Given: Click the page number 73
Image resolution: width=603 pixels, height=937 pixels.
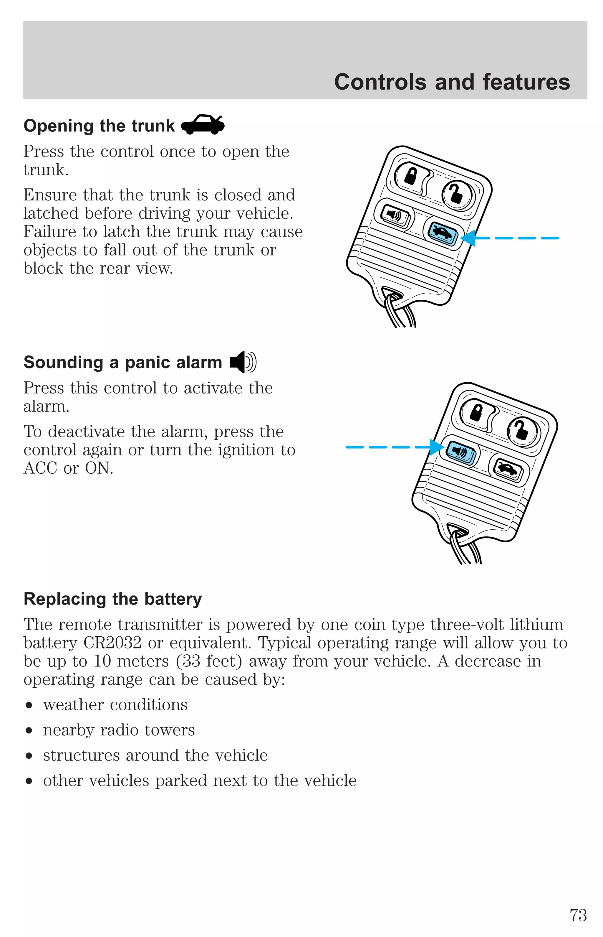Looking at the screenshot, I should [x=578, y=915].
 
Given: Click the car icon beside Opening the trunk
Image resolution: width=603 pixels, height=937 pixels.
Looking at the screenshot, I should [x=203, y=125].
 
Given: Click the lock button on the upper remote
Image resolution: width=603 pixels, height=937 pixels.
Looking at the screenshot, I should [x=410, y=176].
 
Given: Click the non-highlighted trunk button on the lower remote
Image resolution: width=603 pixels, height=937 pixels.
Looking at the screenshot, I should [x=508, y=469].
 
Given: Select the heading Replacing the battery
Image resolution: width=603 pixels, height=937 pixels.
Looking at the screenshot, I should [x=113, y=599].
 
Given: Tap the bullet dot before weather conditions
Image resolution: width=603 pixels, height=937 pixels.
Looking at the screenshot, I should [x=29, y=705].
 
